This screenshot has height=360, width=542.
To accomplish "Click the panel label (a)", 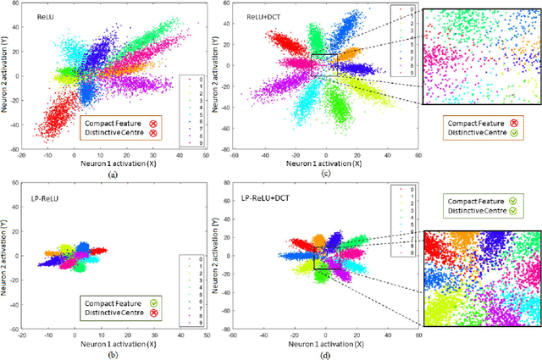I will click(x=113, y=174).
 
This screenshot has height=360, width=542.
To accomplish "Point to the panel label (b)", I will click(x=113, y=352).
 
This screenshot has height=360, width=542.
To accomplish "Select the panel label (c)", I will click(x=325, y=174).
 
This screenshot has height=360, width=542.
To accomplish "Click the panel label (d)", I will click(x=325, y=352).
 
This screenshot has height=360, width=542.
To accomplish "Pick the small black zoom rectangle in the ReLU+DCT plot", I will click(x=322, y=64).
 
